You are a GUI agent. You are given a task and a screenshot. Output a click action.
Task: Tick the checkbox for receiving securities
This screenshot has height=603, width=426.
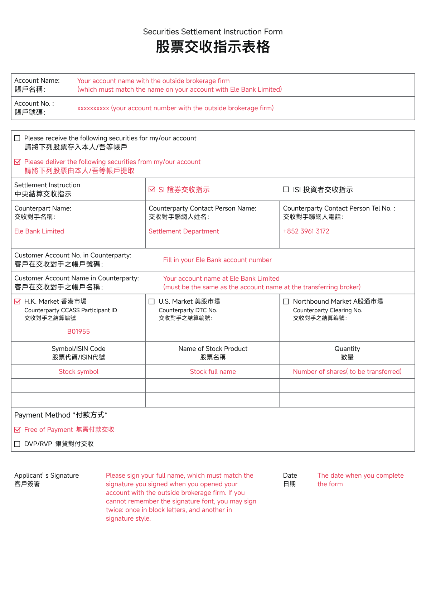tap(17, 138)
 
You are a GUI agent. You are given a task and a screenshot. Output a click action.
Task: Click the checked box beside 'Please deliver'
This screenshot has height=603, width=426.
tap(17, 162)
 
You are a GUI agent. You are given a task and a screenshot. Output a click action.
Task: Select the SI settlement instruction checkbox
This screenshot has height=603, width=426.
tap(152, 189)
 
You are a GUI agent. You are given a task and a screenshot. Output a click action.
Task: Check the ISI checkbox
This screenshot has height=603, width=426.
tap(286, 189)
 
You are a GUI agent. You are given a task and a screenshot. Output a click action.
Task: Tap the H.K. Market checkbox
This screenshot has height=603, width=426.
tap(17, 301)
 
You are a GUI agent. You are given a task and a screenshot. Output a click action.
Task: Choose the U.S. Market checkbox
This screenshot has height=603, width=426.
tap(152, 301)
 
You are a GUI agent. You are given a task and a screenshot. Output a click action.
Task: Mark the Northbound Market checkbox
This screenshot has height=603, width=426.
tap(286, 301)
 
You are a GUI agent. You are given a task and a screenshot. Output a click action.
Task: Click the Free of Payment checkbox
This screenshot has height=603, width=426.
tap(17, 430)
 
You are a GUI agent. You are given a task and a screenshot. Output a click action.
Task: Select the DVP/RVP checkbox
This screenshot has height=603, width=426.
tap(17, 444)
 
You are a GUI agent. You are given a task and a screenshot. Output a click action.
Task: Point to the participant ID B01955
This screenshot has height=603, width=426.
tap(78, 332)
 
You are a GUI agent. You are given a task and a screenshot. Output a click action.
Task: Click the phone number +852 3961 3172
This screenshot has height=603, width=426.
tap(306, 231)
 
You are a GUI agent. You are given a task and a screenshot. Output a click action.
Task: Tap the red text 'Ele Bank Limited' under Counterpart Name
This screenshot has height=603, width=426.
tap(39, 231)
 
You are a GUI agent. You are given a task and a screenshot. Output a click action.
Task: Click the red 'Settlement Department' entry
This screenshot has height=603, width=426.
tap(184, 231)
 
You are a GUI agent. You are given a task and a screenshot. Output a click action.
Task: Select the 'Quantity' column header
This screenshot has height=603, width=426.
tap(347, 349)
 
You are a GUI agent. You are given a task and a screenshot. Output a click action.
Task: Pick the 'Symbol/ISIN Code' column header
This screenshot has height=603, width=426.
tap(78, 349)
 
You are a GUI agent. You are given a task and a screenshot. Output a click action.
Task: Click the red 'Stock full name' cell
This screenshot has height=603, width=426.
tap(213, 372)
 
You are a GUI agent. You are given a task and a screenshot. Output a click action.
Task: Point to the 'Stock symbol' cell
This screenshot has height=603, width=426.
tap(78, 372)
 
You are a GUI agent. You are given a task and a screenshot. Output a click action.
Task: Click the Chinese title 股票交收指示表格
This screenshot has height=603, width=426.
tap(213, 47)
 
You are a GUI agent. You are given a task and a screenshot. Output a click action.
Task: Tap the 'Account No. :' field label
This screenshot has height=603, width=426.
tap(34, 103)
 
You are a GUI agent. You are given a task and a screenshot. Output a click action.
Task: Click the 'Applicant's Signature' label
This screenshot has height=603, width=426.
tap(47, 476)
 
